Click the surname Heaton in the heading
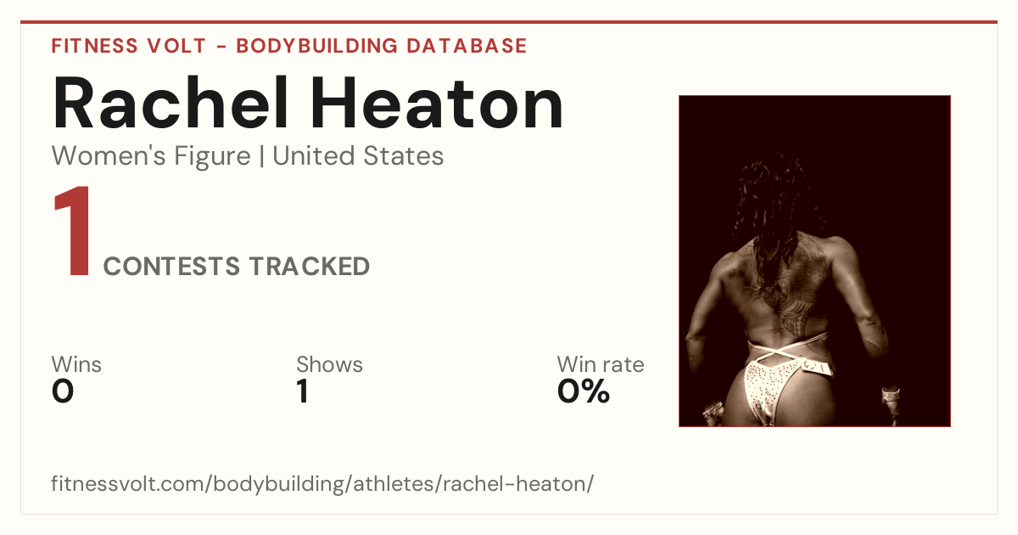437,103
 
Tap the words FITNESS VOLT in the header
129,46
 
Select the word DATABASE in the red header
467,46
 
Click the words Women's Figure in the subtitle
151,155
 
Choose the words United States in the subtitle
358,155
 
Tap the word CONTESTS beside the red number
171,266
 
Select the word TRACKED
310,266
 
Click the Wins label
76,364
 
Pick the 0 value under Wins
63,391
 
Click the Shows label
329,364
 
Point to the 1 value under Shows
303,391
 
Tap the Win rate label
601,364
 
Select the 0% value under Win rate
584,391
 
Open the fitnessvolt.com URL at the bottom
322,483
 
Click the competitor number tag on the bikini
816,366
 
